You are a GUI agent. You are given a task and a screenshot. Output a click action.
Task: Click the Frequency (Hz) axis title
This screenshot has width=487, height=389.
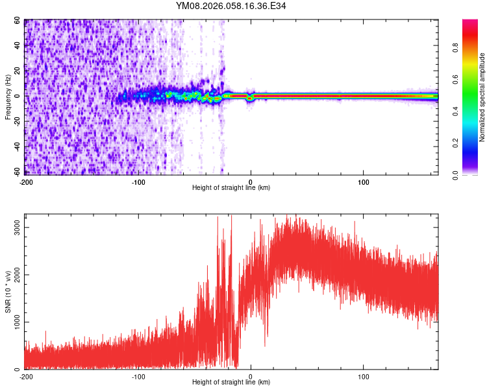pyautogui.click(x=7, y=96)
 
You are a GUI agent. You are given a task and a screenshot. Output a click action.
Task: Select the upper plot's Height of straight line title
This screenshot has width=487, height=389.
pyautogui.click(x=231, y=188)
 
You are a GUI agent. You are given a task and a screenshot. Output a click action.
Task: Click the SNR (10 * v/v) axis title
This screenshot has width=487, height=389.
pyautogui.click(x=7, y=292)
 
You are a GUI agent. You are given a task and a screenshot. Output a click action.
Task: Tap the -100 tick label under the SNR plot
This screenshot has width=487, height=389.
pyautogui.click(x=138, y=376)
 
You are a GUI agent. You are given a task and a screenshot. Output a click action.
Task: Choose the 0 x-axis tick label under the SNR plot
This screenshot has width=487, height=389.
pyautogui.click(x=251, y=376)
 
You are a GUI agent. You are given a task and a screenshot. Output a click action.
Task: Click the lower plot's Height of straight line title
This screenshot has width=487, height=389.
pyautogui.click(x=231, y=383)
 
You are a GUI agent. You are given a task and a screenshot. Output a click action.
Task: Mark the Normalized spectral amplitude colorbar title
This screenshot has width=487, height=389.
pyautogui.click(x=482, y=97)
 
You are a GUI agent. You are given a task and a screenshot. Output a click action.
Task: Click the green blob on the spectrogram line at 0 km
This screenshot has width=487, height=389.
pyautogui.click(x=251, y=97)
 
